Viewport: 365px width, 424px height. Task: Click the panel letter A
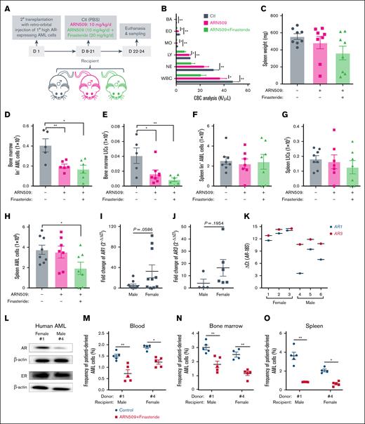5,6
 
